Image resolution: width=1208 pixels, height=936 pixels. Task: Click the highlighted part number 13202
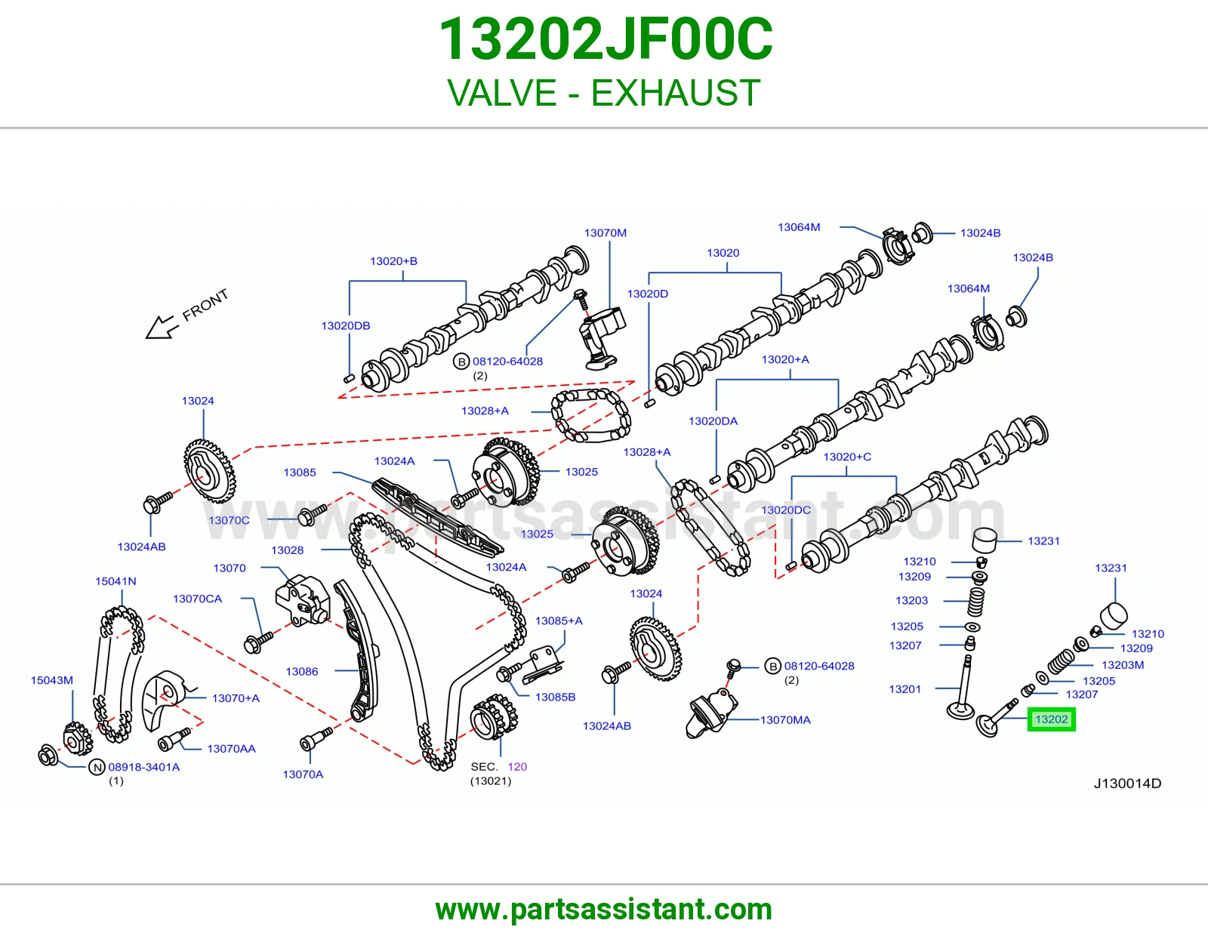tap(1051, 719)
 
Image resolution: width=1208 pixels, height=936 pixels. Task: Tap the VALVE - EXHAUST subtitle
tap(604, 93)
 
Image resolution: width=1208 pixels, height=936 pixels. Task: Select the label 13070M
tap(605, 233)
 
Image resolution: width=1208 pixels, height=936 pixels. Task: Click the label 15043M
tap(51, 680)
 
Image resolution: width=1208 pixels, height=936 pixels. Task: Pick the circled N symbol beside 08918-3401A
tap(97, 767)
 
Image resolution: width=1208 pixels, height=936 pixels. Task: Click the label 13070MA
tap(785, 720)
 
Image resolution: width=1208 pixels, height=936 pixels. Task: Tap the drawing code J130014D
tap(1127, 784)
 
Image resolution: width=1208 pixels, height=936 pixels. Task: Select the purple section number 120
tap(517, 766)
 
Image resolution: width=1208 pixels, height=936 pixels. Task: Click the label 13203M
tap(1123, 665)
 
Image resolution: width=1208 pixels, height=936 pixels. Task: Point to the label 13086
tap(302, 672)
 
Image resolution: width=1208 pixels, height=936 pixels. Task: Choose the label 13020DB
tap(345, 325)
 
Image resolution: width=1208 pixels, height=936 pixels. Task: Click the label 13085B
tap(555, 697)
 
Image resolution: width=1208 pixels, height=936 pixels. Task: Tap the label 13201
tap(904, 689)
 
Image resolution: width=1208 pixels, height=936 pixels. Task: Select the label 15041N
tap(116, 581)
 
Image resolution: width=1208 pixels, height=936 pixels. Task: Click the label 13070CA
tap(197, 599)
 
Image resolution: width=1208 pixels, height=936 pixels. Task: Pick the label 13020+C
tap(847, 457)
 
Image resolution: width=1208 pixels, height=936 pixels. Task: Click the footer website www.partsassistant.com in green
tap(604, 910)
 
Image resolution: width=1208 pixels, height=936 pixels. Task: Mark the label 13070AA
tap(231, 749)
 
